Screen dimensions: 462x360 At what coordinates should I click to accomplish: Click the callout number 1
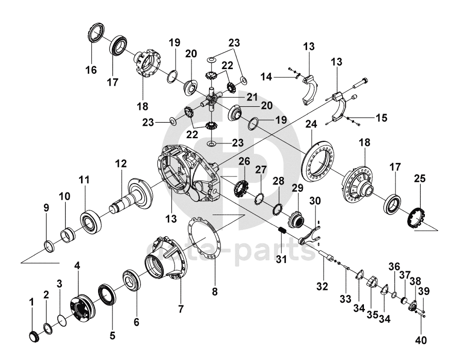[31, 302]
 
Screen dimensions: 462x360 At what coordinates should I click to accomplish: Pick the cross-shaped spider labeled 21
[212, 100]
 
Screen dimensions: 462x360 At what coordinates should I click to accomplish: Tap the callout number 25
[420, 178]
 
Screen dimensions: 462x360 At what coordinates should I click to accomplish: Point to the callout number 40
[421, 340]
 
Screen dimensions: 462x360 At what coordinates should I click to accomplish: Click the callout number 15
[381, 118]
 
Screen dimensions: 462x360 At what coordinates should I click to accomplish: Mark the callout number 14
[266, 77]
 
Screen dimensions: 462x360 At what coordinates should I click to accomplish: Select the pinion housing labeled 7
[166, 259]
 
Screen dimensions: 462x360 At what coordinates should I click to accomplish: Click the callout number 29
[297, 188]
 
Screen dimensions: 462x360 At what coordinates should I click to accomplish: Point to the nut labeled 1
[35, 336]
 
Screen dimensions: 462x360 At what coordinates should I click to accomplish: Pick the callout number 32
[322, 286]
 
